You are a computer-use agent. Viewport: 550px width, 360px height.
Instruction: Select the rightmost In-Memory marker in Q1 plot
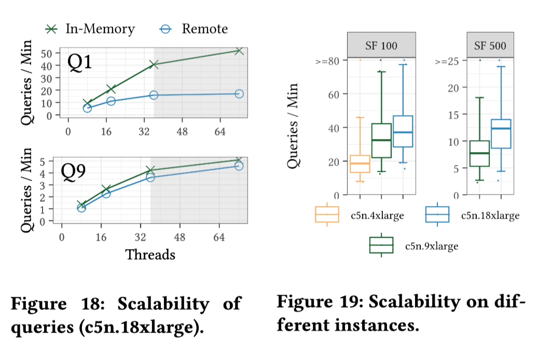click(x=239, y=51)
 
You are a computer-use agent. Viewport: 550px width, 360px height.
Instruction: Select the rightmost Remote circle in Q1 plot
click(x=239, y=94)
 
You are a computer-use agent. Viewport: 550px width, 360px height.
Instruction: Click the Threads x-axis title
click(x=150, y=255)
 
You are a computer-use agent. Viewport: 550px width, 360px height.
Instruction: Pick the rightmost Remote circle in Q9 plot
click(x=239, y=165)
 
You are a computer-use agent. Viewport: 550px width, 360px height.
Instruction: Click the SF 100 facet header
click(x=381, y=46)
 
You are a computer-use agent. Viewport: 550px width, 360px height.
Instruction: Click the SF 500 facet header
click(x=490, y=46)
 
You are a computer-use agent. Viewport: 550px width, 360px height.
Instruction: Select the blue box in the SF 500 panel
click(x=501, y=134)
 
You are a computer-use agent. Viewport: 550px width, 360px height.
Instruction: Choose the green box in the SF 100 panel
click(x=381, y=140)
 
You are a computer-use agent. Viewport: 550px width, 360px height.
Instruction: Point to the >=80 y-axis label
click(x=327, y=61)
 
